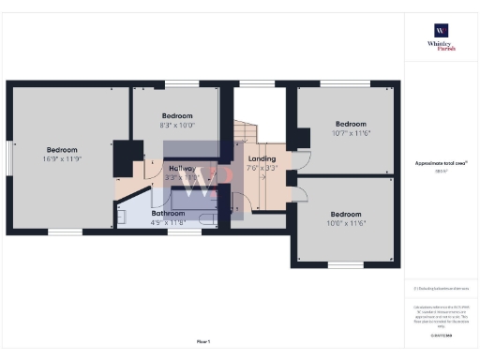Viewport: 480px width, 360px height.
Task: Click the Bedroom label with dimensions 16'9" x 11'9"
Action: pyautogui.click(x=63, y=155)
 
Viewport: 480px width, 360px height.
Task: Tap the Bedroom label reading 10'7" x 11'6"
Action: pyautogui.click(x=351, y=128)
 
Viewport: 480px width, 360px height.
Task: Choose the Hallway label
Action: pyautogui.click(x=182, y=172)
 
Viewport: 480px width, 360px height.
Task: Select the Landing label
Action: pyautogui.click(x=262, y=164)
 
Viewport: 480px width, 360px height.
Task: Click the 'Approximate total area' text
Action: pyautogui.click(x=440, y=163)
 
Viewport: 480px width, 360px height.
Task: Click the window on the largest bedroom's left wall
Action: pyautogui.click(x=9, y=152)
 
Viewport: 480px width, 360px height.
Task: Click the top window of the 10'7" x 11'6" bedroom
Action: pyautogui.click(x=336, y=84)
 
